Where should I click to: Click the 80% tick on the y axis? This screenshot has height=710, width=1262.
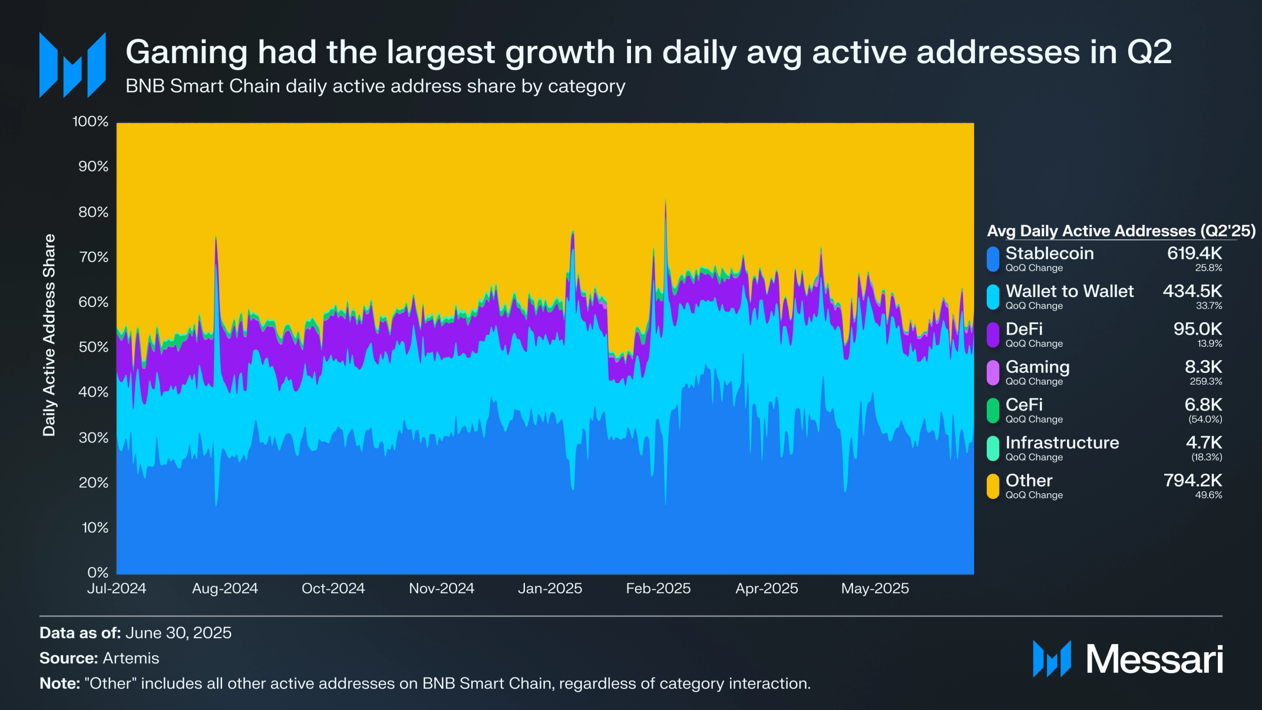pos(94,212)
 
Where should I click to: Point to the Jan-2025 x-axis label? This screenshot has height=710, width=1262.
pos(550,589)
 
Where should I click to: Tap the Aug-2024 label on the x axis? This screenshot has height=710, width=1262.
pos(225,589)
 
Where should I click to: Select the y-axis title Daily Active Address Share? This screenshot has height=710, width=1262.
pos(49,335)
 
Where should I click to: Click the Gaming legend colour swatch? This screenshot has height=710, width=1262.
pos(993,373)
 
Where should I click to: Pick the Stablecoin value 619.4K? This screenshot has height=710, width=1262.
pos(1194,253)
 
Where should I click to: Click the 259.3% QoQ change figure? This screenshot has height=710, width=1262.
pos(1205,382)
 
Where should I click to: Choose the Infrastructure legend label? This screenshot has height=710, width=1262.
pos(1062,442)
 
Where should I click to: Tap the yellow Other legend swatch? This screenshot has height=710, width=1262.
pos(993,487)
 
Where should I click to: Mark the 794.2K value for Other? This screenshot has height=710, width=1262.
pos(1192,481)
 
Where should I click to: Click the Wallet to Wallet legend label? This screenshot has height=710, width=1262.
pos(1069,291)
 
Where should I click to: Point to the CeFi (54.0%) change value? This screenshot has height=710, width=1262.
pos(1205,420)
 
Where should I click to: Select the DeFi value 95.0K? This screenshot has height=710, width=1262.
pos(1197,329)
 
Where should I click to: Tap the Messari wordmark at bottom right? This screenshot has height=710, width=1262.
pos(1154,659)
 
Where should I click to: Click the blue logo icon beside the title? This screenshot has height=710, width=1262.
pos(72,65)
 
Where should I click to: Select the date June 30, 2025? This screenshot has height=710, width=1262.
pos(179,633)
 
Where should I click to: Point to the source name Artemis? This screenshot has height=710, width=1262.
pos(131,658)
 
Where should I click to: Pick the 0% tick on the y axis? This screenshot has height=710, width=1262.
pos(98,573)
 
